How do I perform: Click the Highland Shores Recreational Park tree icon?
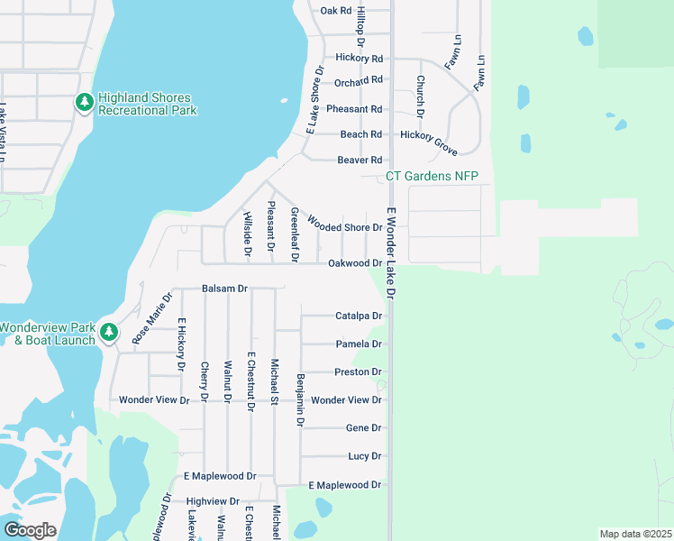(85, 103)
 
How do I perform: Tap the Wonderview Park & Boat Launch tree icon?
(109, 333)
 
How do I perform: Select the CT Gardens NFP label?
(432, 176)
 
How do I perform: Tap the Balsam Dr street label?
(224, 289)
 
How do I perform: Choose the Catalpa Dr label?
(359, 316)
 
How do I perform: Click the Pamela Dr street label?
(359, 344)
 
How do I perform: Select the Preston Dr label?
(359, 372)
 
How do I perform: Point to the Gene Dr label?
(364, 428)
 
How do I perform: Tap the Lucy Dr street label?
(365, 456)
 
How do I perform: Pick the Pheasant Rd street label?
(354, 109)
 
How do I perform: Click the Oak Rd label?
(335, 11)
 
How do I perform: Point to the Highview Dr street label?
(213, 501)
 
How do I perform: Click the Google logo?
(30, 530)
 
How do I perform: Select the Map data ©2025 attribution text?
(635, 534)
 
